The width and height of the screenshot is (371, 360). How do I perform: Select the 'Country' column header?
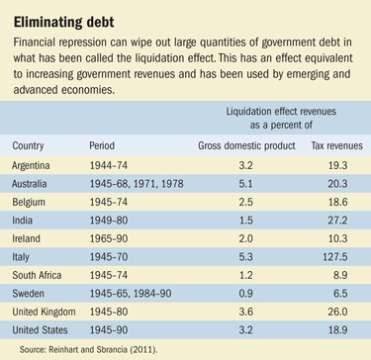[x=29, y=144]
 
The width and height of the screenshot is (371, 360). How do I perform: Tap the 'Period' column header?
[x=104, y=144]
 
